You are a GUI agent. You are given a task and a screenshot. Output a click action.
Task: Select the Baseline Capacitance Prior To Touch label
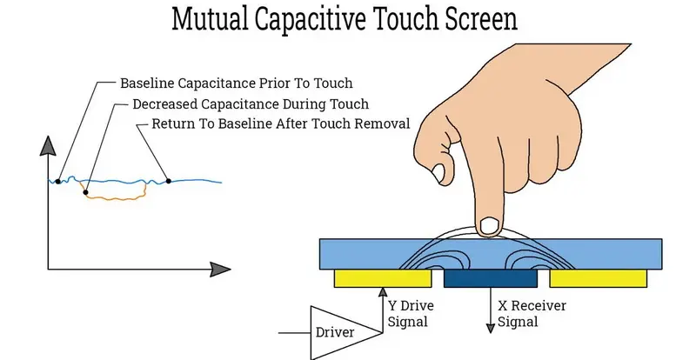pos(237,84)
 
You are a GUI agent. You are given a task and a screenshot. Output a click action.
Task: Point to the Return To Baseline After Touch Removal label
pos(280,123)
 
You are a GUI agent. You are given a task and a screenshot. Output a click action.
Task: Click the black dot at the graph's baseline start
pos(57,181)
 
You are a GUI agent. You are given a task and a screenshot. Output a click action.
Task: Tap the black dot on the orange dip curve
pos(85,192)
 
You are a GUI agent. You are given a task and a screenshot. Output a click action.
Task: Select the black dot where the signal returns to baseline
pos(168,180)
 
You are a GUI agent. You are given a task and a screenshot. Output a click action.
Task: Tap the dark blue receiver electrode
pos(490,278)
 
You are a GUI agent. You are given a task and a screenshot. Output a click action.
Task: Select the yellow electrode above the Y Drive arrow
pos(383,278)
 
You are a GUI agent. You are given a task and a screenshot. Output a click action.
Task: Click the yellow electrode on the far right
pos(598,278)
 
